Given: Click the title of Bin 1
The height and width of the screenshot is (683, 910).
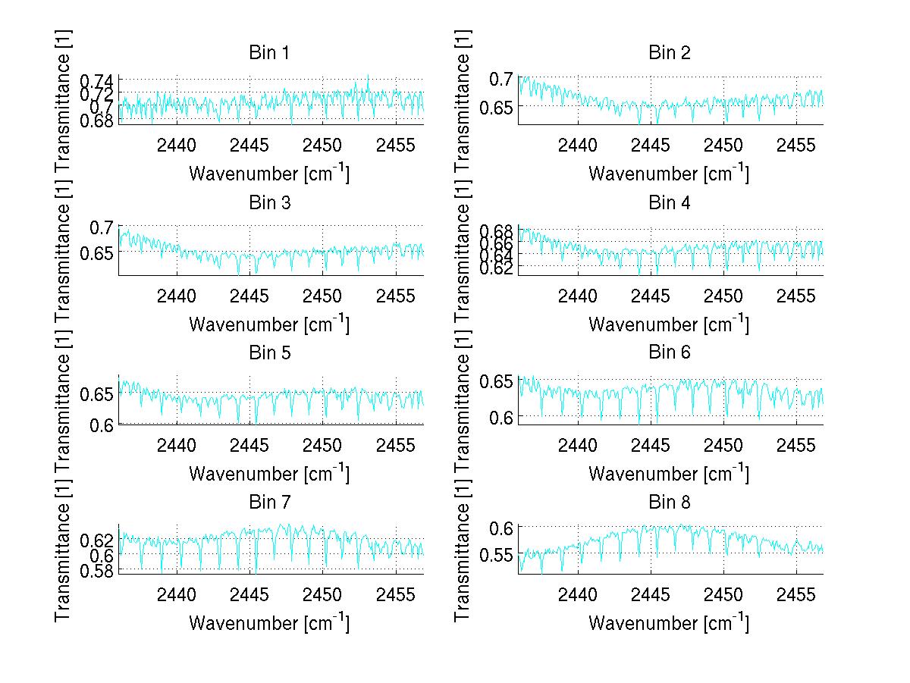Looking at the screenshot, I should [x=269, y=53].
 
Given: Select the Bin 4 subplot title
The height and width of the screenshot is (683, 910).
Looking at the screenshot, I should [x=669, y=203].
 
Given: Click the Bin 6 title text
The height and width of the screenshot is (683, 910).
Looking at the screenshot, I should [x=669, y=352].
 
